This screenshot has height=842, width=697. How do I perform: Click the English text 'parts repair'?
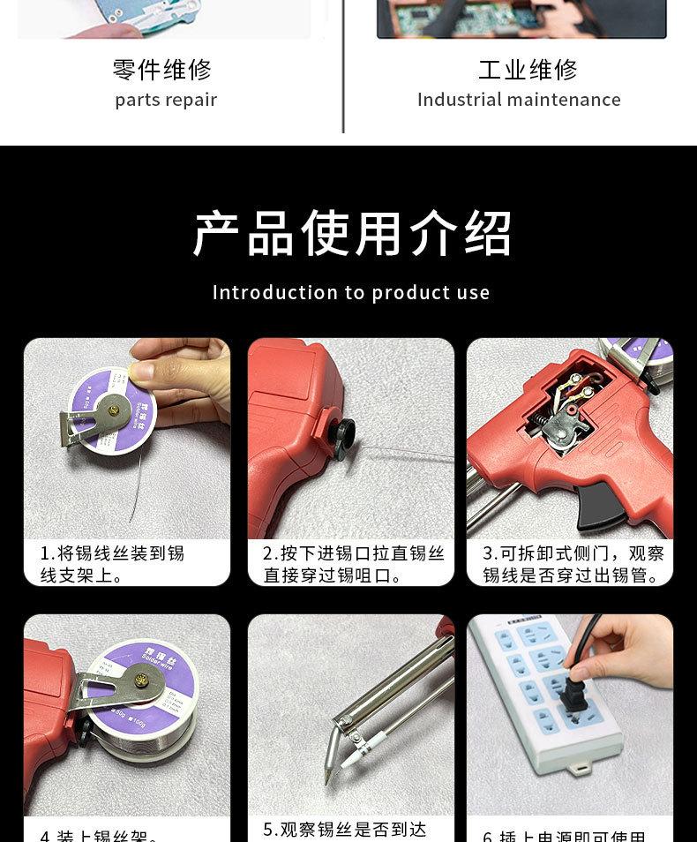pos(166,100)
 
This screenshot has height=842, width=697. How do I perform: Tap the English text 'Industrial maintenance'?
pos(519,100)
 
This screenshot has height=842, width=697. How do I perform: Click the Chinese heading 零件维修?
pos(162,70)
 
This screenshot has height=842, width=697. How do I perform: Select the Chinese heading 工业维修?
pos(528,70)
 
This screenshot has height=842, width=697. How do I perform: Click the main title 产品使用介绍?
pos(351,234)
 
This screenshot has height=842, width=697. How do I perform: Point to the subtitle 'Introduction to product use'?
pos(351,292)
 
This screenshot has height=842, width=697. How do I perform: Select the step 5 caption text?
pos(345,830)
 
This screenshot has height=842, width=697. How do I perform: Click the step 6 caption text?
pos(565,835)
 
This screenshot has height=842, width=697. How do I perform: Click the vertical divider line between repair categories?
pos(342,71)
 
